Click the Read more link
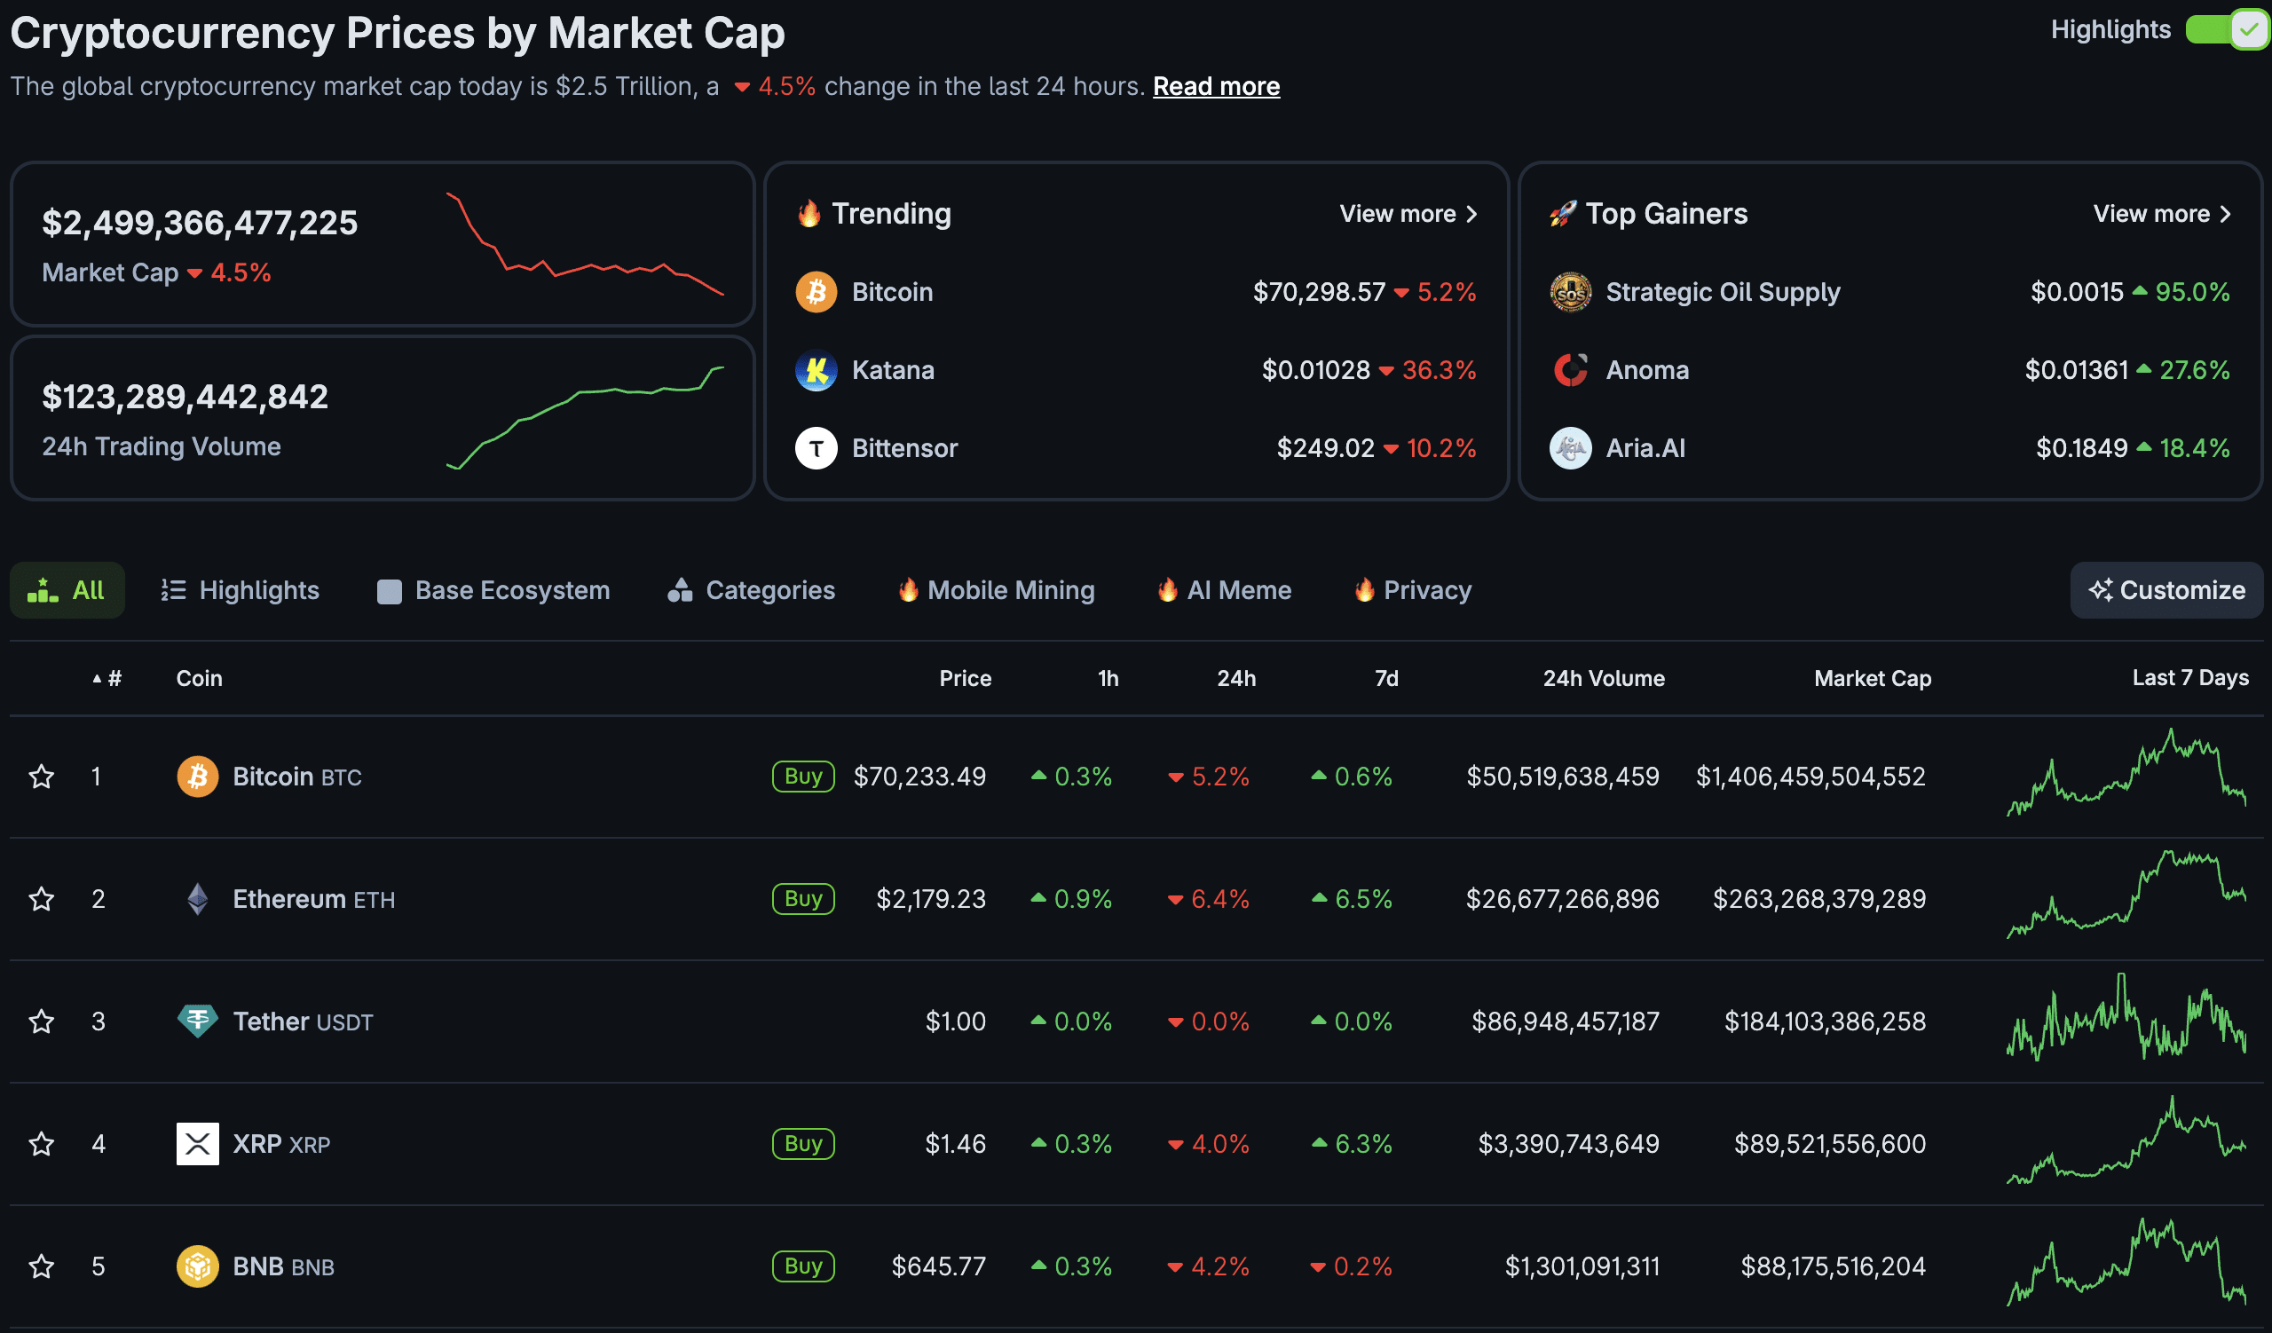click(x=1215, y=86)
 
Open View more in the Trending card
click(x=1408, y=214)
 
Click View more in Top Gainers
click(x=2161, y=214)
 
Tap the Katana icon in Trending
click(x=816, y=370)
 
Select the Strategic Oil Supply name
click(x=1722, y=292)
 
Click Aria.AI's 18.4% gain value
click(x=2194, y=448)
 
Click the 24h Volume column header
click(x=1603, y=679)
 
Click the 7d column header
click(x=1385, y=679)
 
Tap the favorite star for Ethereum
click(x=42, y=899)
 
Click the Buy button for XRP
click(x=802, y=1144)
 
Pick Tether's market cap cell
click(x=1824, y=1021)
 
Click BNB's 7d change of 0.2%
click(x=1361, y=1266)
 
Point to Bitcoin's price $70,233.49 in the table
click(x=919, y=776)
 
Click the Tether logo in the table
click(x=197, y=1021)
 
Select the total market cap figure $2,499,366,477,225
click(x=201, y=223)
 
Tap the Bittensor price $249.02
click(x=1324, y=448)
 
